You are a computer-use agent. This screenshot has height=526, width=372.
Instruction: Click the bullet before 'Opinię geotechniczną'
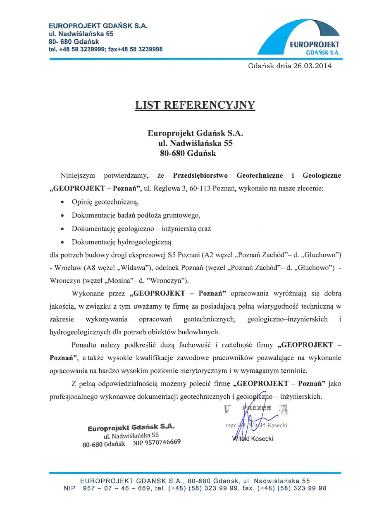[62, 203]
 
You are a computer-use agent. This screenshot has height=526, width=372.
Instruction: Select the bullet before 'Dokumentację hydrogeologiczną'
[62, 242]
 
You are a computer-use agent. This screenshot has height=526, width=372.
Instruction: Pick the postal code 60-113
[197, 189]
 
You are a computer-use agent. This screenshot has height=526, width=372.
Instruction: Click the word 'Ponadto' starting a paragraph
[84, 345]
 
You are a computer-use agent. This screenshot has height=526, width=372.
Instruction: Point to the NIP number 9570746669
[157, 442]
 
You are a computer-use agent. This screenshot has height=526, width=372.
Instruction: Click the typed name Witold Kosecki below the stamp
[253, 438]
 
